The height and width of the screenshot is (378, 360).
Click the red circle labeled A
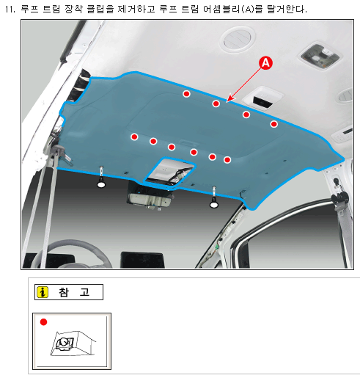click(265, 63)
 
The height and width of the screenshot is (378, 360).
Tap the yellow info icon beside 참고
click(43, 292)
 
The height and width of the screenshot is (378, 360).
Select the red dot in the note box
click(43, 322)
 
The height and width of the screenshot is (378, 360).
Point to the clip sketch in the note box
click(73, 343)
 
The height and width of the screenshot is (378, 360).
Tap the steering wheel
click(71, 255)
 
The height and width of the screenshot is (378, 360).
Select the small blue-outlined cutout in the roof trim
click(169, 171)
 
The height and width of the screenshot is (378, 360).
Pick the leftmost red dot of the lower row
click(134, 137)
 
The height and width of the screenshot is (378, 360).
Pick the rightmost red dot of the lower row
click(227, 160)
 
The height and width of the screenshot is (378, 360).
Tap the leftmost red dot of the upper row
click(186, 94)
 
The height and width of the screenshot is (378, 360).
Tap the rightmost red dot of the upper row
click(274, 124)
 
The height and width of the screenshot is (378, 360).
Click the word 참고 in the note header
click(74, 292)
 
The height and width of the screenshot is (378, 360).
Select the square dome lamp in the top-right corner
click(320, 56)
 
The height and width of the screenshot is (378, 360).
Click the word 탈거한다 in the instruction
click(287, 10)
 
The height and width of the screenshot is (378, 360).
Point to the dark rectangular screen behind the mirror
click(143, 260)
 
